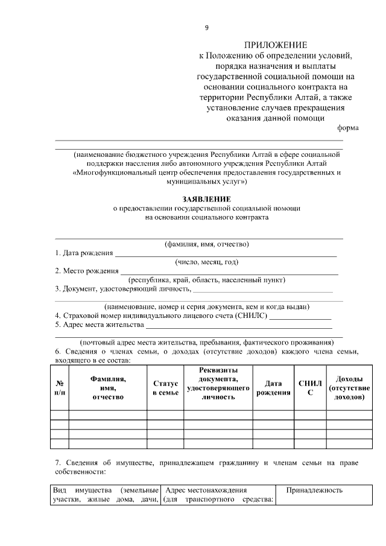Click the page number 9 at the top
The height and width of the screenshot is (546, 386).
[207, 28]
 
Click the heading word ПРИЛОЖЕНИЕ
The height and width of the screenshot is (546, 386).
[275, 45]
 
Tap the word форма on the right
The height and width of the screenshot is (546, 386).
[347, 127]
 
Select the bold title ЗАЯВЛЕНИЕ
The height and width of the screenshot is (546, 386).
[206, 198]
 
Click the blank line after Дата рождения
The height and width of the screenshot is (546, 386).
[226, 255]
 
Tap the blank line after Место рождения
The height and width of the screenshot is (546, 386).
[229, 272]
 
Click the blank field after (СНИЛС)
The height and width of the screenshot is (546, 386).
[300, 316]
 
